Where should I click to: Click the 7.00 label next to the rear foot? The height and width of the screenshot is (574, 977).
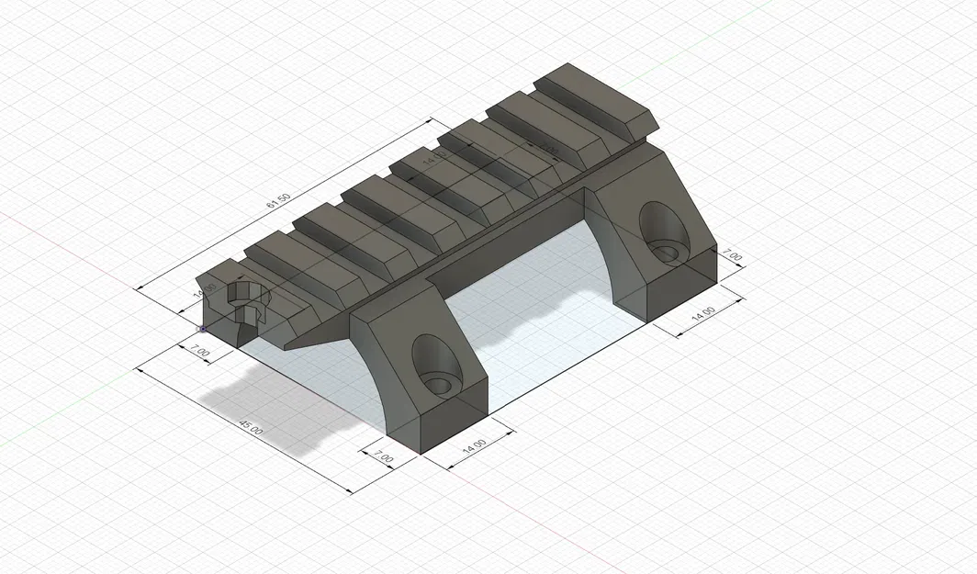point(733,255)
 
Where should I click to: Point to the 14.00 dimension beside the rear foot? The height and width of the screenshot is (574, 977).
point(704,312)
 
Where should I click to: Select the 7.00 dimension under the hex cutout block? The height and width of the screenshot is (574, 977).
point(199,351)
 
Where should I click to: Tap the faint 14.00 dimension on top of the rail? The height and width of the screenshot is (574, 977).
point(433,159)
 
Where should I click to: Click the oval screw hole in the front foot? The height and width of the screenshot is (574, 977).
point(435,366)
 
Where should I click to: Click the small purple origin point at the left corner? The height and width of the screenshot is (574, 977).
point(202,327)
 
